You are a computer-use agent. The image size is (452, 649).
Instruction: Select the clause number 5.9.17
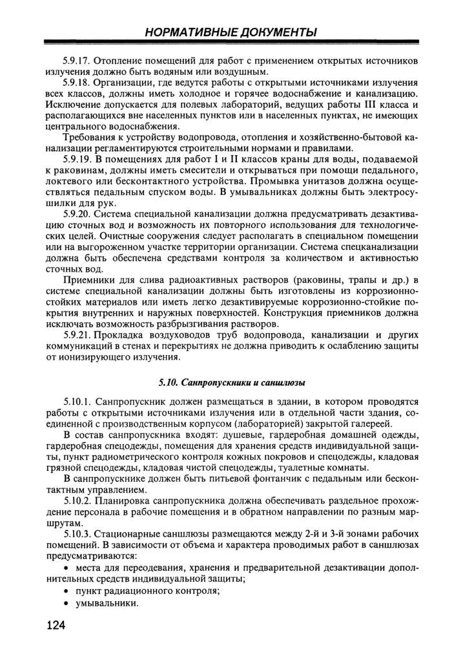click(x=77, y=61)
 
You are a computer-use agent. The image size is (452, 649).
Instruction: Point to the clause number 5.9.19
click(x=77, y=159)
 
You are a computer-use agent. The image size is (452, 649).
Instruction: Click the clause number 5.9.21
click(x=77, y=335)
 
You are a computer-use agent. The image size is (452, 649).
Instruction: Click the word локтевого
click(x=70, y=181)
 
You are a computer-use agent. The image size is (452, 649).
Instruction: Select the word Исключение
click(x=73, y=105)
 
